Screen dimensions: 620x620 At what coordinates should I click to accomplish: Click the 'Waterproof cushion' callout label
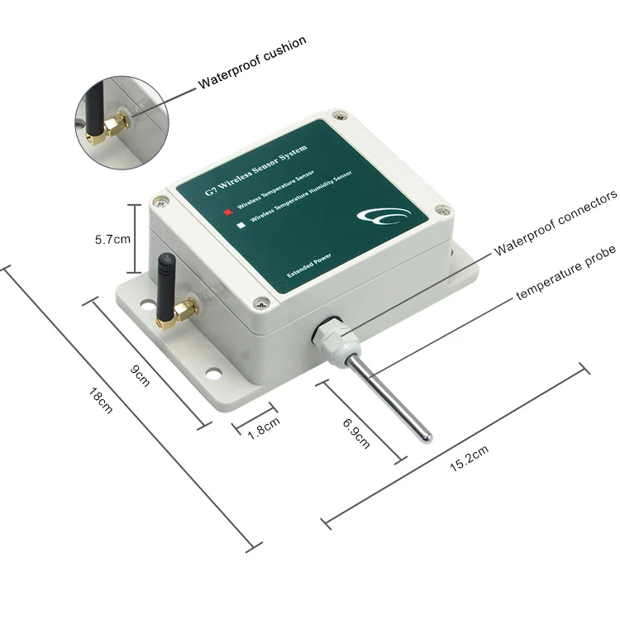pyautogui.click(x=252, y=62)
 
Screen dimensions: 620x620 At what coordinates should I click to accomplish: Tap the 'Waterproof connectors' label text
pyautogui.click(x=556, y=223)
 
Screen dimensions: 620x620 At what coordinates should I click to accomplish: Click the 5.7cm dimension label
pyautogui.click(x=112, y=240)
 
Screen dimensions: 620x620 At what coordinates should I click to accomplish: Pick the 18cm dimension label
pyautogui.click(x=100, y=403)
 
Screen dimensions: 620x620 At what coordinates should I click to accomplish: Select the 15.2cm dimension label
pyautogui.click(x=469, y=459)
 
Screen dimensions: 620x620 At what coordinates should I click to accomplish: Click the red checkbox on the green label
pyautogui.click(x=227, y=211)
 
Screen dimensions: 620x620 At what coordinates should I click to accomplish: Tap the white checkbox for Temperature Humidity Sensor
pyautogui.click(x=240, y=223)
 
